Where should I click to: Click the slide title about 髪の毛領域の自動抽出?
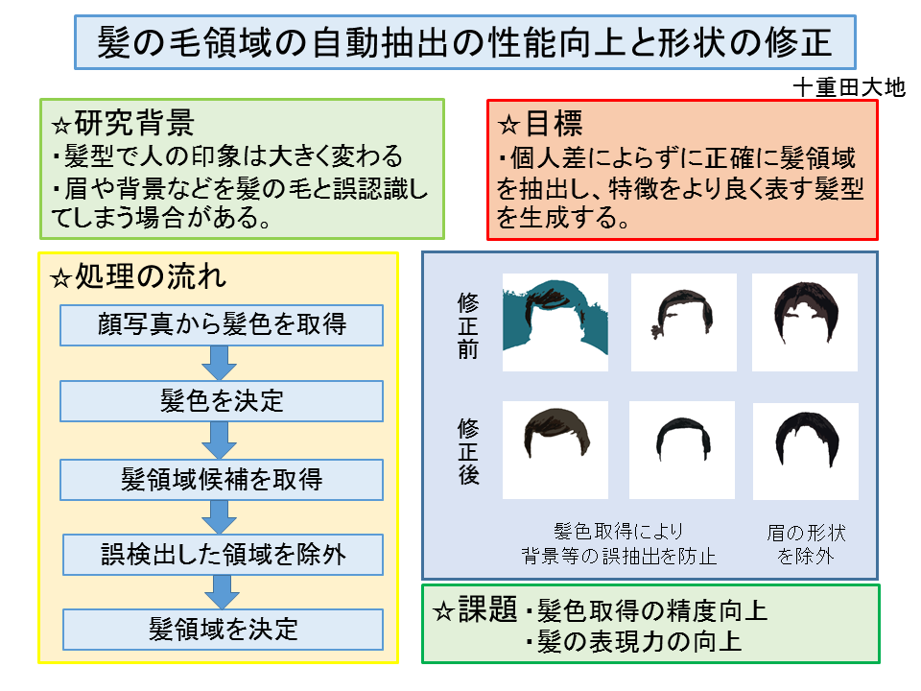point(465,43)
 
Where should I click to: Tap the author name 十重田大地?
point(849,87)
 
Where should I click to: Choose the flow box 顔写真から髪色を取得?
point(222,324)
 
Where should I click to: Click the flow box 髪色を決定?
point(222,400)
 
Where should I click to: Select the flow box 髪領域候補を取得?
point(222,477)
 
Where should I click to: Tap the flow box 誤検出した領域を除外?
point(223,554)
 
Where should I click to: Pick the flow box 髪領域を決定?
point(223,629)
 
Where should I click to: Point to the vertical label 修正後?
point(468,450)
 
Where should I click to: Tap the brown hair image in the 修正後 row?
point(555,448)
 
